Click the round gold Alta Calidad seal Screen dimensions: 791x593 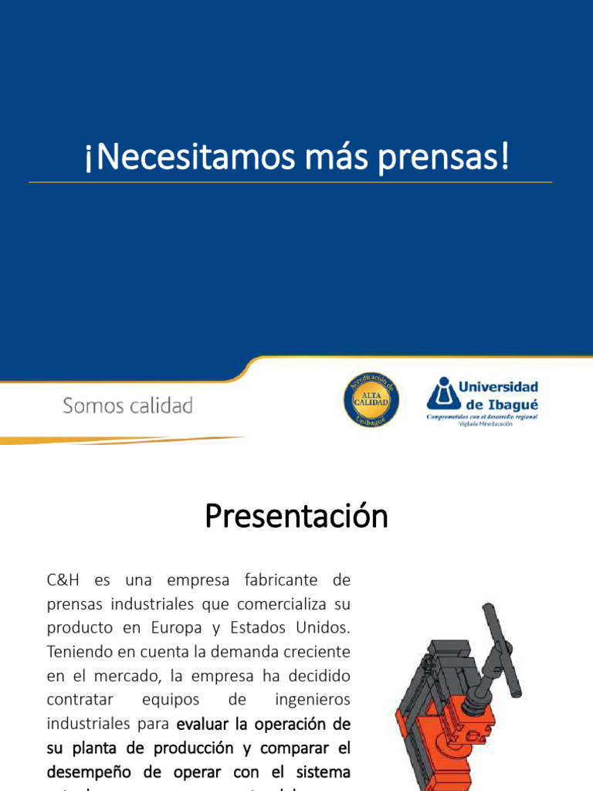pos(371,399)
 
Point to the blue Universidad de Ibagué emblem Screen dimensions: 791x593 pos(442,395)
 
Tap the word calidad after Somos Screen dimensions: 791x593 pos(161,406)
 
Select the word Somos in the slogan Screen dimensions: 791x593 pos(93,406)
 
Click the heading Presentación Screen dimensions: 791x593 pos(296,517)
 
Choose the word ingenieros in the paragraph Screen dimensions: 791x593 pos(313,700)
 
